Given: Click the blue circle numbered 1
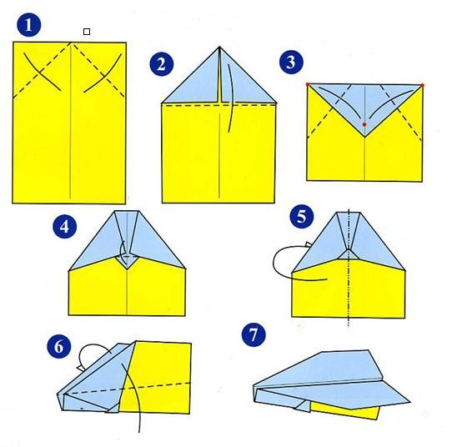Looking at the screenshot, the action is tap(29, 25).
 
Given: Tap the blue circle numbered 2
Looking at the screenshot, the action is tap(162, 64).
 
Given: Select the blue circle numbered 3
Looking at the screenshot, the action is tap(291, 62).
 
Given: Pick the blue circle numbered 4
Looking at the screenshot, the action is tap(65, 226).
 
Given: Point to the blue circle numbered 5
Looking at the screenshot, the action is tap(302, 217).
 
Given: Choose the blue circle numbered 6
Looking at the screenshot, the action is tap(59, 346).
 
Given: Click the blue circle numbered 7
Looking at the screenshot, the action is tap(254, 334).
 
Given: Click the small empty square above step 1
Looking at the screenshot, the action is tap(87, 32).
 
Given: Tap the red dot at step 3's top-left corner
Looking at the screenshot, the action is tap(308, 84).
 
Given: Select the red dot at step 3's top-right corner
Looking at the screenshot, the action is tap(422, 85).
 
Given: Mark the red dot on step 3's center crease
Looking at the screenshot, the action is tap(364, 125).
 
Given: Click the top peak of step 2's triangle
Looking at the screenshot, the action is tap(219, 47).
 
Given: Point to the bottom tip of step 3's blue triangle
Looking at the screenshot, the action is tap(364, 137).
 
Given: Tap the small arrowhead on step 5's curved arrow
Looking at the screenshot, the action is tap(309, 244).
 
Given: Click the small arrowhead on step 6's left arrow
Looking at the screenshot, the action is tap(80, 369).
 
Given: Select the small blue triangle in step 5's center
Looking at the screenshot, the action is tap(349, 254).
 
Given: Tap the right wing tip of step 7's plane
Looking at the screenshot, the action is tap(409, 402).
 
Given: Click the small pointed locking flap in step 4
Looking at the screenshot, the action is tap(127, 262).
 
